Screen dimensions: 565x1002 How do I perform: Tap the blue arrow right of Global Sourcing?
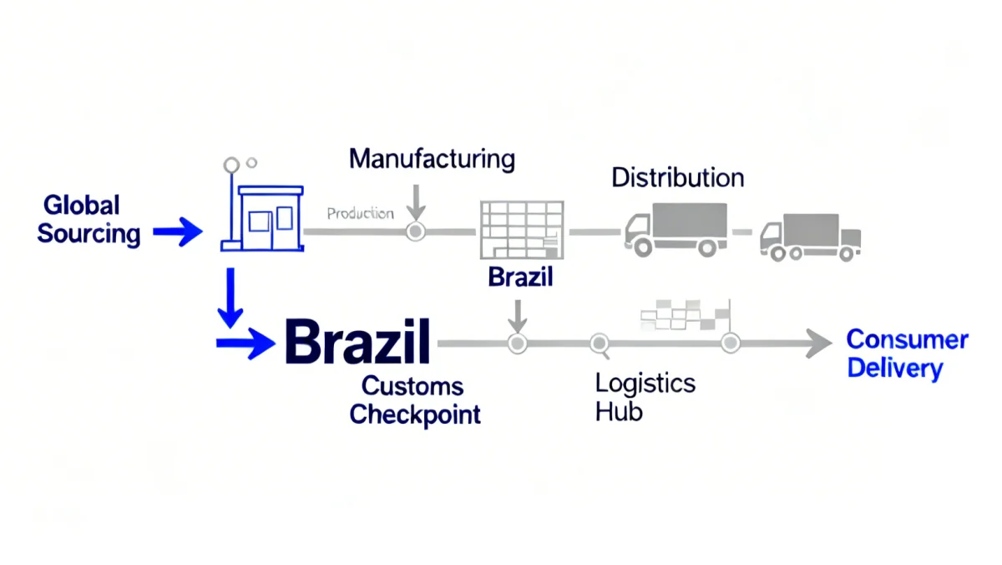177,233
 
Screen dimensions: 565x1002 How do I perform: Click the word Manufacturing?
432,159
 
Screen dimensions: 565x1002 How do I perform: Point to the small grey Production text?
360,214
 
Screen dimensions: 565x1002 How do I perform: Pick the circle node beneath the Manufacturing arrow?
415,232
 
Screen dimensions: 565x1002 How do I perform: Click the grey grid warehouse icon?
521,230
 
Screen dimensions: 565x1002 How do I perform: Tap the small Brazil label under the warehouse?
520,277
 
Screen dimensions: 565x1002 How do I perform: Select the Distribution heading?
677,178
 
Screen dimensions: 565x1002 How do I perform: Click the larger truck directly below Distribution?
675,228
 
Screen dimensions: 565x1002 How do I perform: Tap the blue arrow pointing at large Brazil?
245,343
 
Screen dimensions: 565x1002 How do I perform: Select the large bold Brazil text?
357,342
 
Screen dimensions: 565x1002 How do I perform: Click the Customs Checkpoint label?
414,400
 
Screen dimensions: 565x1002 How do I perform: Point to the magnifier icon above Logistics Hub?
600,343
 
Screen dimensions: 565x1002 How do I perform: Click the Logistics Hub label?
645,396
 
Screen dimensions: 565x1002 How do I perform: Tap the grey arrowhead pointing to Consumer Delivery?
817,343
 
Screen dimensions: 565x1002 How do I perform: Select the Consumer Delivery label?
907,354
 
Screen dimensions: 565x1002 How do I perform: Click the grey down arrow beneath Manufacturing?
417,199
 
